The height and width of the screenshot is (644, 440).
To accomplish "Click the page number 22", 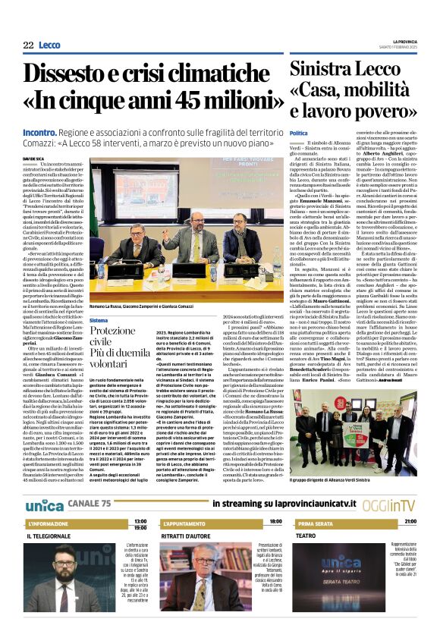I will pyautogui.click(x=28, y=46).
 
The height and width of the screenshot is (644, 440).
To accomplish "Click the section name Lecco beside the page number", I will pyautogui.click(x=49, y=46).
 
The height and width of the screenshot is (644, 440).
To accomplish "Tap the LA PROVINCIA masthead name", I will pyautogui.click(x=406, y=41).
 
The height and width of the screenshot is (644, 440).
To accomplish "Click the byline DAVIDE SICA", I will pyautogui.click(x=34, y=159).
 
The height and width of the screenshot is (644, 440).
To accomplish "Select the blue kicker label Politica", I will pyautogui.click(x=299, y=134).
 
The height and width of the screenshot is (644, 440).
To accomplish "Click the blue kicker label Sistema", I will pyautogui.click(x=99, y=321).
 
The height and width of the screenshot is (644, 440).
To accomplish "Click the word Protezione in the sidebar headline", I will pyautogui.click(x=112, y=332).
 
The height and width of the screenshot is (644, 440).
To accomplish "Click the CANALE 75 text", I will pyautogui.click(x=90, y=504).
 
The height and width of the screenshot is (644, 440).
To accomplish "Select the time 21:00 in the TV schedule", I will pyautogui.click(x=410, y=522).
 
